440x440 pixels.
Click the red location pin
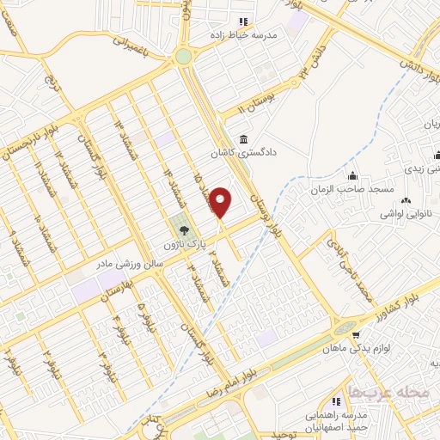(222, 202)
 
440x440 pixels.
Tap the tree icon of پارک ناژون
(183, 229)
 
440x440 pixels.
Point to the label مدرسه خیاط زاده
(243, 36)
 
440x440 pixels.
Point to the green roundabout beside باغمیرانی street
(182, 57)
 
